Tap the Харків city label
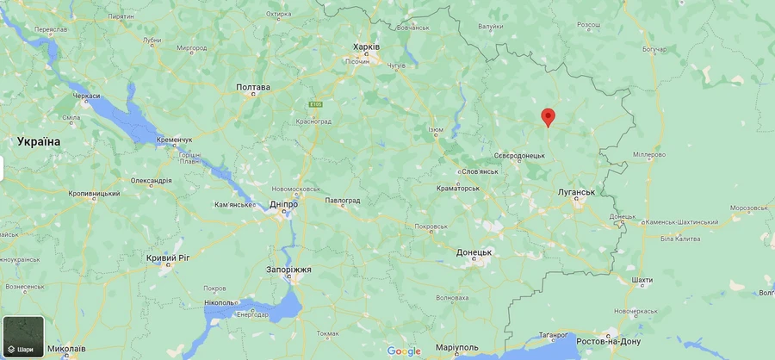pyautogui.click(x=367, y=47)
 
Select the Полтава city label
pyautogui.click(x=253, y=87)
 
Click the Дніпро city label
pyautogui.click(x=283, y=204)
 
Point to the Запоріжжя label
pyautogui.click(x=288, y=270)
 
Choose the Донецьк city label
pyautogui.click(x=474, y=252)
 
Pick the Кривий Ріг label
pyautogui.click(x=168, y=258)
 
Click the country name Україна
pyautogui.click(x=39, y=140)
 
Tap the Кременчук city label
pyautogui.click(x=174, y=140)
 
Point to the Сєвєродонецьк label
pyautogui.click(x=519, y=155)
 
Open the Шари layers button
pyautogui.click(x=23, y=338)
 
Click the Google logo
pyautogui.click(x=404, y=351)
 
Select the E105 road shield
pyautogui.click(x=317, y=104)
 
